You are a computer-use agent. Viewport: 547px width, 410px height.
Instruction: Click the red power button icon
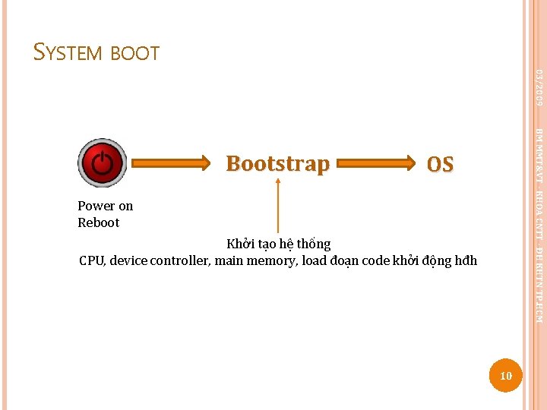[103, 162]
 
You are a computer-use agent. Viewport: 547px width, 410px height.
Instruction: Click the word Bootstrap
[278, 163]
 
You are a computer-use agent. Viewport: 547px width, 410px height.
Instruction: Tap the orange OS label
[440, 164]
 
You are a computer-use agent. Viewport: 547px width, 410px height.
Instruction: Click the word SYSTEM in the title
[69, 53]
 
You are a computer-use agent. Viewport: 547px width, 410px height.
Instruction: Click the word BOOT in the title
[134, 54]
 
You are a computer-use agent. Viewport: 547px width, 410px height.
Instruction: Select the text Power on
[105, 206]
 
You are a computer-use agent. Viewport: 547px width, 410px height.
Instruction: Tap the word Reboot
[99, 222]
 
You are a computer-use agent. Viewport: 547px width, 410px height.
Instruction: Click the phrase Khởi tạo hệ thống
[279, 244]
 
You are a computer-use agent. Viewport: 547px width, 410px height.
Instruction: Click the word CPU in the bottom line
[93, 260]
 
